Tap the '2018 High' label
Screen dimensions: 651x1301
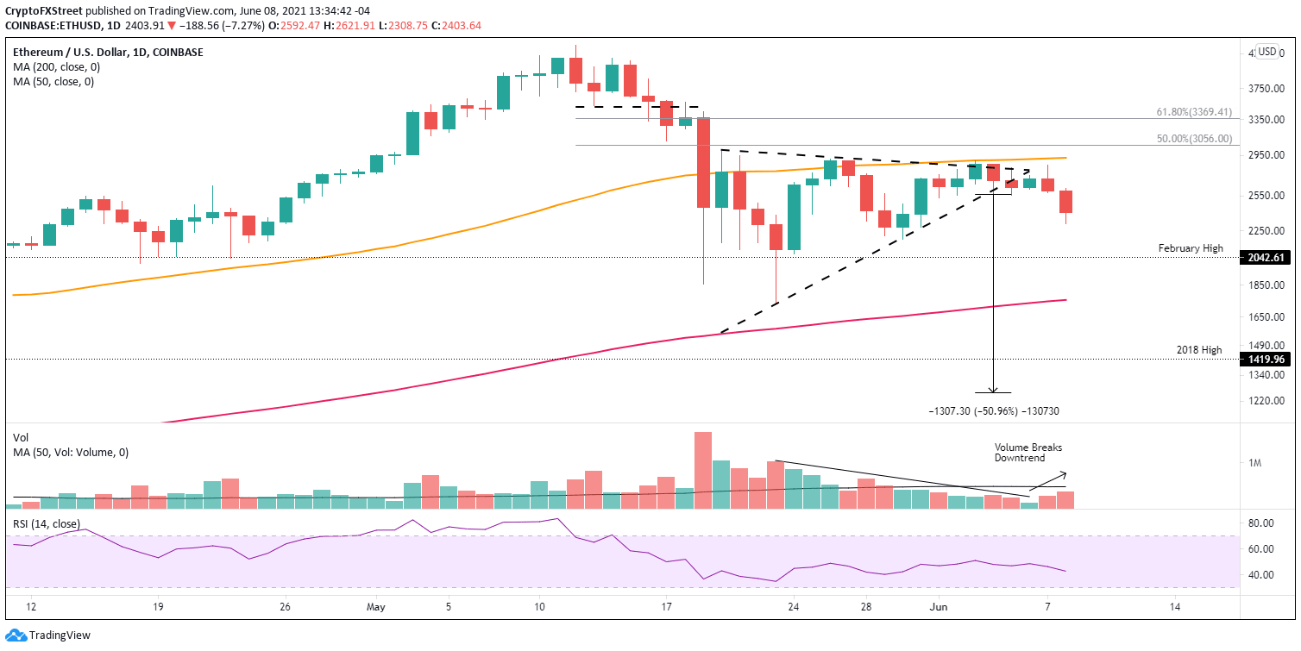tap(1199, 350)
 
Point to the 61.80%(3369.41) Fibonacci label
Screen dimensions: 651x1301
tap(1193, 111)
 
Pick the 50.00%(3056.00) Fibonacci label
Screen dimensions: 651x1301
tap(1193, 138)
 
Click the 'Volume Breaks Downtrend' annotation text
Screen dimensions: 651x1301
tap(1028, 454)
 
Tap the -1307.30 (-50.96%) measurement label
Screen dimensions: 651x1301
tap(993, 411)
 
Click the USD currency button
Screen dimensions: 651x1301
tap(1266, 52)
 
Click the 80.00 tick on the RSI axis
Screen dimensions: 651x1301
tap(1260, 523)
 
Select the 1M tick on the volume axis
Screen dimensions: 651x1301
tap(1255, 464)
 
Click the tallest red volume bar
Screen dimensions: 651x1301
tap(703, 469)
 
